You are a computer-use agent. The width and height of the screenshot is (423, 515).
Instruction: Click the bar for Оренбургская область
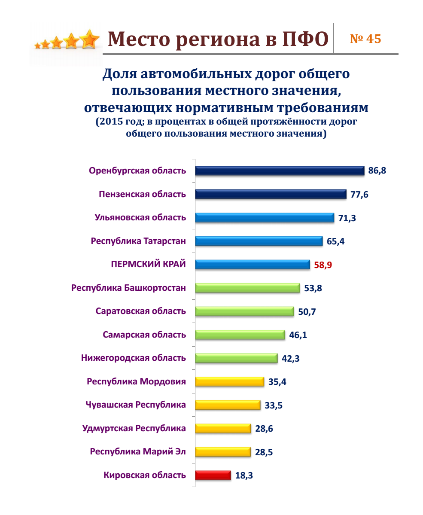click(x=280, y=171)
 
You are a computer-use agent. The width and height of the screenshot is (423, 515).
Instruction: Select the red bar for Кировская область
click(x=213, y=475)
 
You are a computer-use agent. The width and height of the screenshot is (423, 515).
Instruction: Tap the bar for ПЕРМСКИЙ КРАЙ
click(x=253, y=265)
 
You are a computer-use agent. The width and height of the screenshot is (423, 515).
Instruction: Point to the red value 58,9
click(x=323, y=265)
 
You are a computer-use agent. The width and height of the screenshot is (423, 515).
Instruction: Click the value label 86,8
click(x=377, y=171)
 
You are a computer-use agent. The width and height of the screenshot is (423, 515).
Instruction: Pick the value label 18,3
click(x=244, y=475)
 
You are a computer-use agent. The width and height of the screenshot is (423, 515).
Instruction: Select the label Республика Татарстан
click(x=138, y=241)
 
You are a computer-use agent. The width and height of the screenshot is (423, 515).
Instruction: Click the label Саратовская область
click(x=141, y=311)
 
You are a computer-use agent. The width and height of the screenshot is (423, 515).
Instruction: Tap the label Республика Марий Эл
click(x=138, y=451)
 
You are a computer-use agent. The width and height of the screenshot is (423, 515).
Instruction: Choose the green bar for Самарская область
click(x=240, y=335)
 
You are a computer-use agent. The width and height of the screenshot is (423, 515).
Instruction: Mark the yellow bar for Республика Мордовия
click(x=229, y=381)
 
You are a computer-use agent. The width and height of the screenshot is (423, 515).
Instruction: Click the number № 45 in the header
click(x=365, y=39)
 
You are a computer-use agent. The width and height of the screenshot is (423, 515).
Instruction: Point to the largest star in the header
click(x=90, y=40)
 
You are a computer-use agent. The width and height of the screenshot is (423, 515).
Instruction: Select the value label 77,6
click(x=359, y=195)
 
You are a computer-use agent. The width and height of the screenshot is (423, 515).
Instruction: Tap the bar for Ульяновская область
click(x=265, y=218)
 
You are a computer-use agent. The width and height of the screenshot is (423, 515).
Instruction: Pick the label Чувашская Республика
click(x=136, y=405)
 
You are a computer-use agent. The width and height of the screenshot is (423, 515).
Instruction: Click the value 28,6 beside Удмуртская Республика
click(x=264, y=428)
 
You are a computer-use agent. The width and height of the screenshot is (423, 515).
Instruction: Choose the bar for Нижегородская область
click(x=236, y=358)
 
